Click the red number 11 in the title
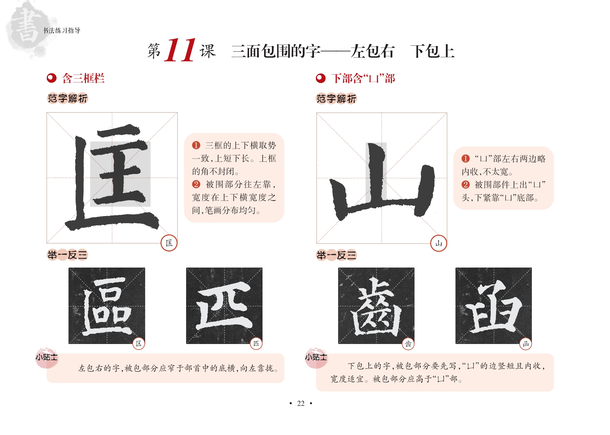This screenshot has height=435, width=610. point(180,50)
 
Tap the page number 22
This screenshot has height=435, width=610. point(301,403)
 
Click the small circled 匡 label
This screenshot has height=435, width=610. point(169,243)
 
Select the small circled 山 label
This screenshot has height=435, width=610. point(439,243)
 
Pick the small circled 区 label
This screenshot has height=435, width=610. point(139,343)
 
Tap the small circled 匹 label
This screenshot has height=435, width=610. point(256,343)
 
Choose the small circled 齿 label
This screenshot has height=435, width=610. point(408,344)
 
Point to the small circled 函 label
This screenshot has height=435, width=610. point(526,344)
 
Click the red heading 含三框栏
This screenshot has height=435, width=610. point(83,78)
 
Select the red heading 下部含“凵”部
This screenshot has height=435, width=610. point(363,78)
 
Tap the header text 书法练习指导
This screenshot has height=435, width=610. point(62,30)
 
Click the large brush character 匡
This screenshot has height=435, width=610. point(112,177)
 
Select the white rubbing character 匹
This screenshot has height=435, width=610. point(224,306)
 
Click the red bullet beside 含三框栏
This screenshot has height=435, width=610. point(52,78)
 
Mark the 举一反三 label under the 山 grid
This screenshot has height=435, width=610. point(336,255)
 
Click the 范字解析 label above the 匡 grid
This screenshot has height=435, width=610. point(68,98)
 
